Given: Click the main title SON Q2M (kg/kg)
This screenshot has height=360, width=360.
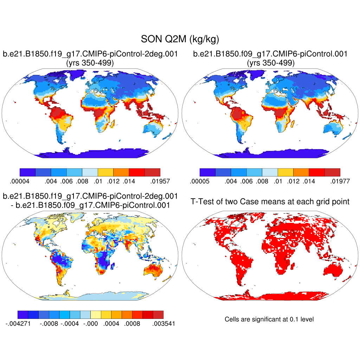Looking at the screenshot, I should [x=180, y=39].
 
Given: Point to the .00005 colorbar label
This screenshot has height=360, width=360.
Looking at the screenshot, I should [x=199, y=181].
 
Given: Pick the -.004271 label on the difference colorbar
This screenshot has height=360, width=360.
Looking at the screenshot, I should [x=18, y=323].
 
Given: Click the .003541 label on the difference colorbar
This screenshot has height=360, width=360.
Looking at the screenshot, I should [x=163, y=323].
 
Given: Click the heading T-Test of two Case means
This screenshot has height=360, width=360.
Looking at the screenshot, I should [x=270, y=201].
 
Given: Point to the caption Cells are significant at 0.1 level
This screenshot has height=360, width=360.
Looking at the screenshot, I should [x=269, y=319].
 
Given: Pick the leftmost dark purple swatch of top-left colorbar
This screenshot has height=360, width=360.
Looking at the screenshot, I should [x=28, y=172].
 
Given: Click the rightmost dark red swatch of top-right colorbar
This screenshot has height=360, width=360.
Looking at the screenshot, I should [x=332, y=172].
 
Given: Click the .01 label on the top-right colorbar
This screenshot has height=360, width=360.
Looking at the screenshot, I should [x=277, y=181].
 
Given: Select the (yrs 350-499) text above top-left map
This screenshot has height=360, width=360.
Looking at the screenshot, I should [x=90, y=63].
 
